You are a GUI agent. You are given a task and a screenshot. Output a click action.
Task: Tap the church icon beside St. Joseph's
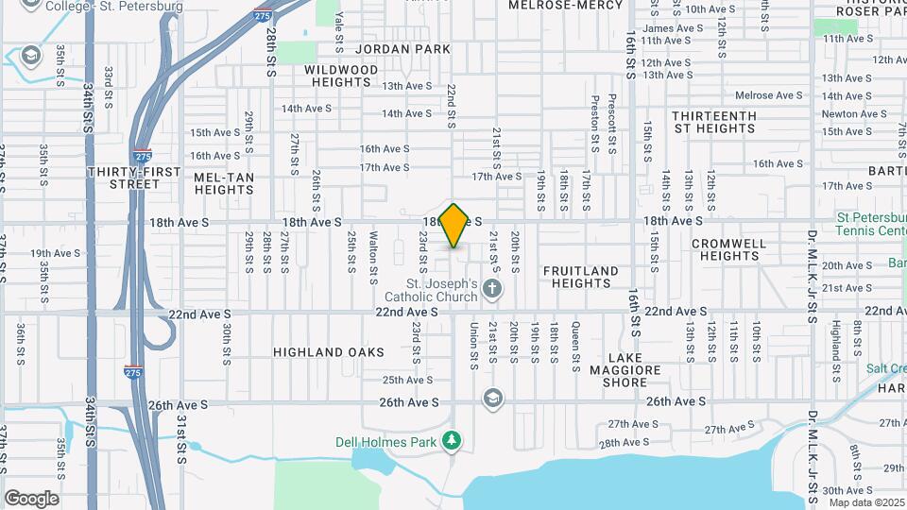491,288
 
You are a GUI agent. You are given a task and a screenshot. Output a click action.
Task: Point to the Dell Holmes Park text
388,441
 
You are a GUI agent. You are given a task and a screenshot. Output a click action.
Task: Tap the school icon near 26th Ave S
492,399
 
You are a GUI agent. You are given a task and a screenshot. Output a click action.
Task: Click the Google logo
31,498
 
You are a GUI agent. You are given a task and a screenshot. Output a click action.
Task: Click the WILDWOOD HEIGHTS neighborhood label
341,76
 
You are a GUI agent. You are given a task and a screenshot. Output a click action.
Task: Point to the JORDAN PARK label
392,48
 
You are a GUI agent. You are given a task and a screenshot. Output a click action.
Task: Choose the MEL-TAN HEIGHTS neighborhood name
223,183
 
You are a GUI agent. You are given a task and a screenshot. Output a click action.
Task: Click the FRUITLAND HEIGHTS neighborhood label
581,277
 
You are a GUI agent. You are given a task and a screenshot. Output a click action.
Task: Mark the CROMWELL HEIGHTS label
728,249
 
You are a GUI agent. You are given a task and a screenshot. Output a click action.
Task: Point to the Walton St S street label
374,252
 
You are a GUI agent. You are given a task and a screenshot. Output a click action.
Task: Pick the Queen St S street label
575,343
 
